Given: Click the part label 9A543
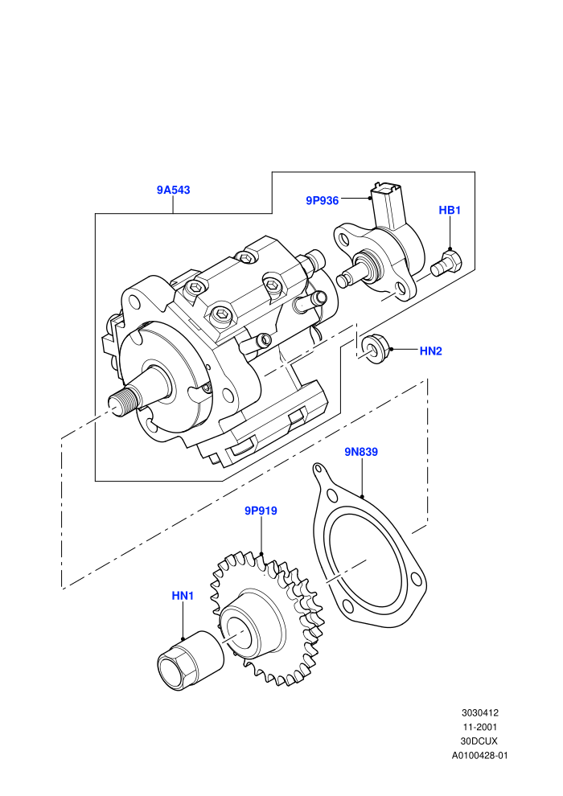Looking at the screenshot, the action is point(173,190).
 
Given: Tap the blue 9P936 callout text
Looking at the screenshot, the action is point(322,200).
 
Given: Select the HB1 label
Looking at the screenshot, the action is point(450,210).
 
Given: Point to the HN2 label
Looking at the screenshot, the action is point(430,351).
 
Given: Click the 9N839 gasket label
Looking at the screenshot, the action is point(361,452).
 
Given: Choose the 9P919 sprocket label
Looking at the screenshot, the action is point(261,511).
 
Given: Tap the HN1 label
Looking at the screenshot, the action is point(183,596).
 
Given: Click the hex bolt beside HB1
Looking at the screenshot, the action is point(446,262).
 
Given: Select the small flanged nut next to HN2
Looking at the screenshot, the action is point(376,348).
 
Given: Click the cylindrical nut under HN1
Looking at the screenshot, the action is point(191,660).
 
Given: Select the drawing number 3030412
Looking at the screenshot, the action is point(479,712).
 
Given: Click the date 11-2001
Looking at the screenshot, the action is point(479,727).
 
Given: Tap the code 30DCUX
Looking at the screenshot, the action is point(479,741).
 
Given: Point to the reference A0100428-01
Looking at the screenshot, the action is point(479,755).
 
